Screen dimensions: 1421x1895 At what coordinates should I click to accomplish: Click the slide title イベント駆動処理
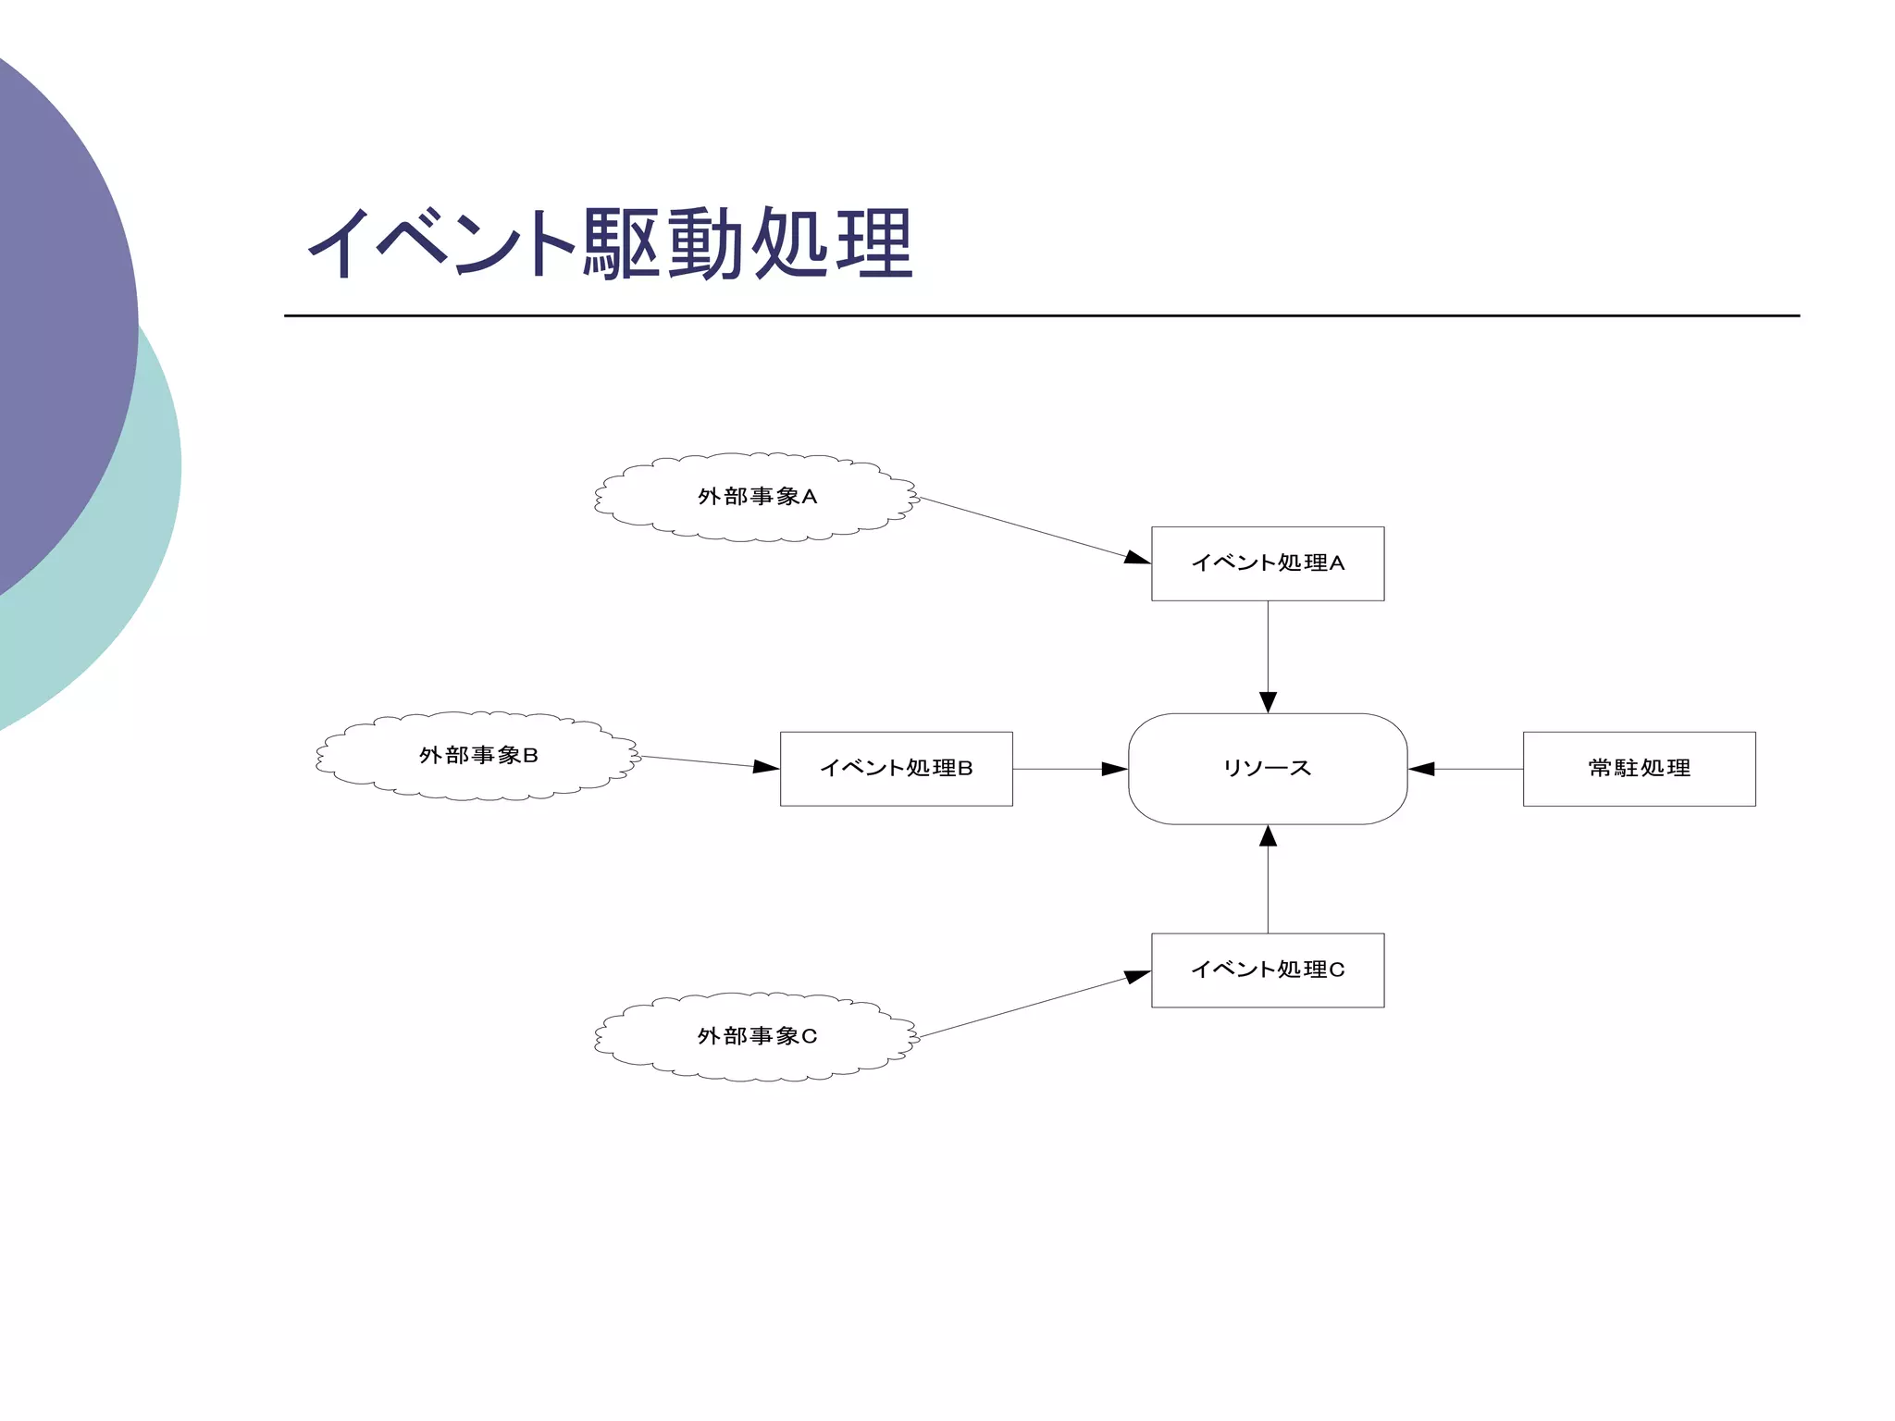pos(611,242)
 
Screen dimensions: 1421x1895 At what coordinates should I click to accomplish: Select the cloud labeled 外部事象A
pos(756,497)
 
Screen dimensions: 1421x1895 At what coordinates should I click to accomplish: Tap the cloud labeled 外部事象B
pos(477,756)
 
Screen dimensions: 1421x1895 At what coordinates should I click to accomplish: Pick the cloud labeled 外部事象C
pos(756,1036)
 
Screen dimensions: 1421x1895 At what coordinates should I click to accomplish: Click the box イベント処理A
pos(1267,563)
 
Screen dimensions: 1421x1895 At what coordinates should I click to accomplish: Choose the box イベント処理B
pos(896,769)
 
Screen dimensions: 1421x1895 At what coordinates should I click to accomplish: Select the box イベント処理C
pos(1267,970)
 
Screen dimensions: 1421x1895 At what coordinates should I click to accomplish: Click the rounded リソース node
pos(1267,769)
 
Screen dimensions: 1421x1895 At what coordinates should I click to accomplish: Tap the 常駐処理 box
pos(1639,769)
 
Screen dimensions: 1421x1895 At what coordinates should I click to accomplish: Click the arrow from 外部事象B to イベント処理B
pos(708,762)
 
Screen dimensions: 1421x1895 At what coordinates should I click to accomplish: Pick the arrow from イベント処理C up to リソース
pos(1268,879)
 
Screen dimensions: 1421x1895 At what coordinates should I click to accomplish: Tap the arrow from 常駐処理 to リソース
pos(1467,769)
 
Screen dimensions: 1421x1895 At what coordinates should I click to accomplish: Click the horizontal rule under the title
pos(1041,315)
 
